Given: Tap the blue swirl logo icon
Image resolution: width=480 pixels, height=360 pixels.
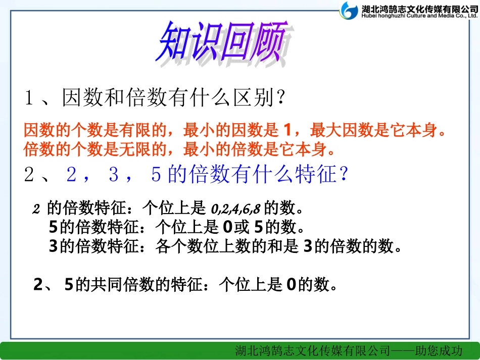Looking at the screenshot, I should (x=349, y=11).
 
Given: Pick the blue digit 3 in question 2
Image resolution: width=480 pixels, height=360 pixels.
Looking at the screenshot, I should (x=114, y=175).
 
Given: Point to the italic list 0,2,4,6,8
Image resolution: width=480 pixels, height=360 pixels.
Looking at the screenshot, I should (x=235, y=208).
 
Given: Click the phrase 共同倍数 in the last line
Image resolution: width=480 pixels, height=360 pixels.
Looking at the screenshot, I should (x=114, y=285).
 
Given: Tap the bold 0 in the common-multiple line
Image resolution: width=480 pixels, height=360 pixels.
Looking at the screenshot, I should (x=291, y=285).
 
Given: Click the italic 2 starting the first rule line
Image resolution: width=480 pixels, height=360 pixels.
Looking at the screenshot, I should (x=36, y=209).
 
